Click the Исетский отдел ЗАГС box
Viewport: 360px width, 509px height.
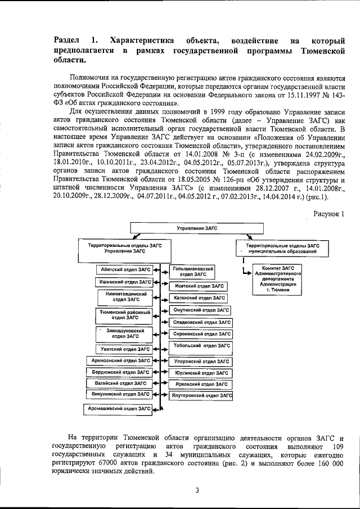(199, 286)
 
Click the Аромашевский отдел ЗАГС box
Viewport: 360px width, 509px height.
(119, 408)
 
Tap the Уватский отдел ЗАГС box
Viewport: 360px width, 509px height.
(123, 349)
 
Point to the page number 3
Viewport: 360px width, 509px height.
(197, 490)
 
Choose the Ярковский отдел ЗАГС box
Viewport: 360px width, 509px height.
(200, 384)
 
